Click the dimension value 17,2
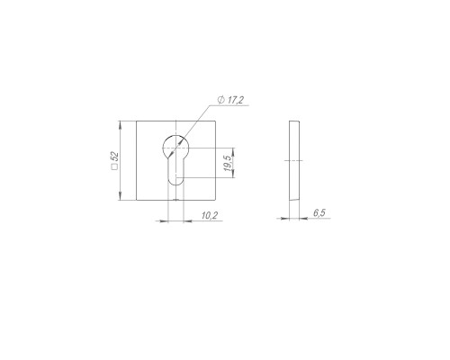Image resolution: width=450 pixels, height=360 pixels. coord(235,100)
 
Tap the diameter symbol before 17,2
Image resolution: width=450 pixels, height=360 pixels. coord(221,100)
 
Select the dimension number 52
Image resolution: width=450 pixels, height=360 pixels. coord(115,157)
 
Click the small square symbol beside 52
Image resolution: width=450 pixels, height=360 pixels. coord(114,167)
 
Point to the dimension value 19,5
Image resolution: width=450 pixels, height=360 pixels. coord(227,163)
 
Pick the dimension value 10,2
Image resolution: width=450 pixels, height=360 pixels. coord(210,215)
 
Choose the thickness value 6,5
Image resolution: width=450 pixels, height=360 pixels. coord(319,212)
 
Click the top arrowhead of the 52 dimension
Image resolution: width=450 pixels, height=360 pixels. coord(120,124)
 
